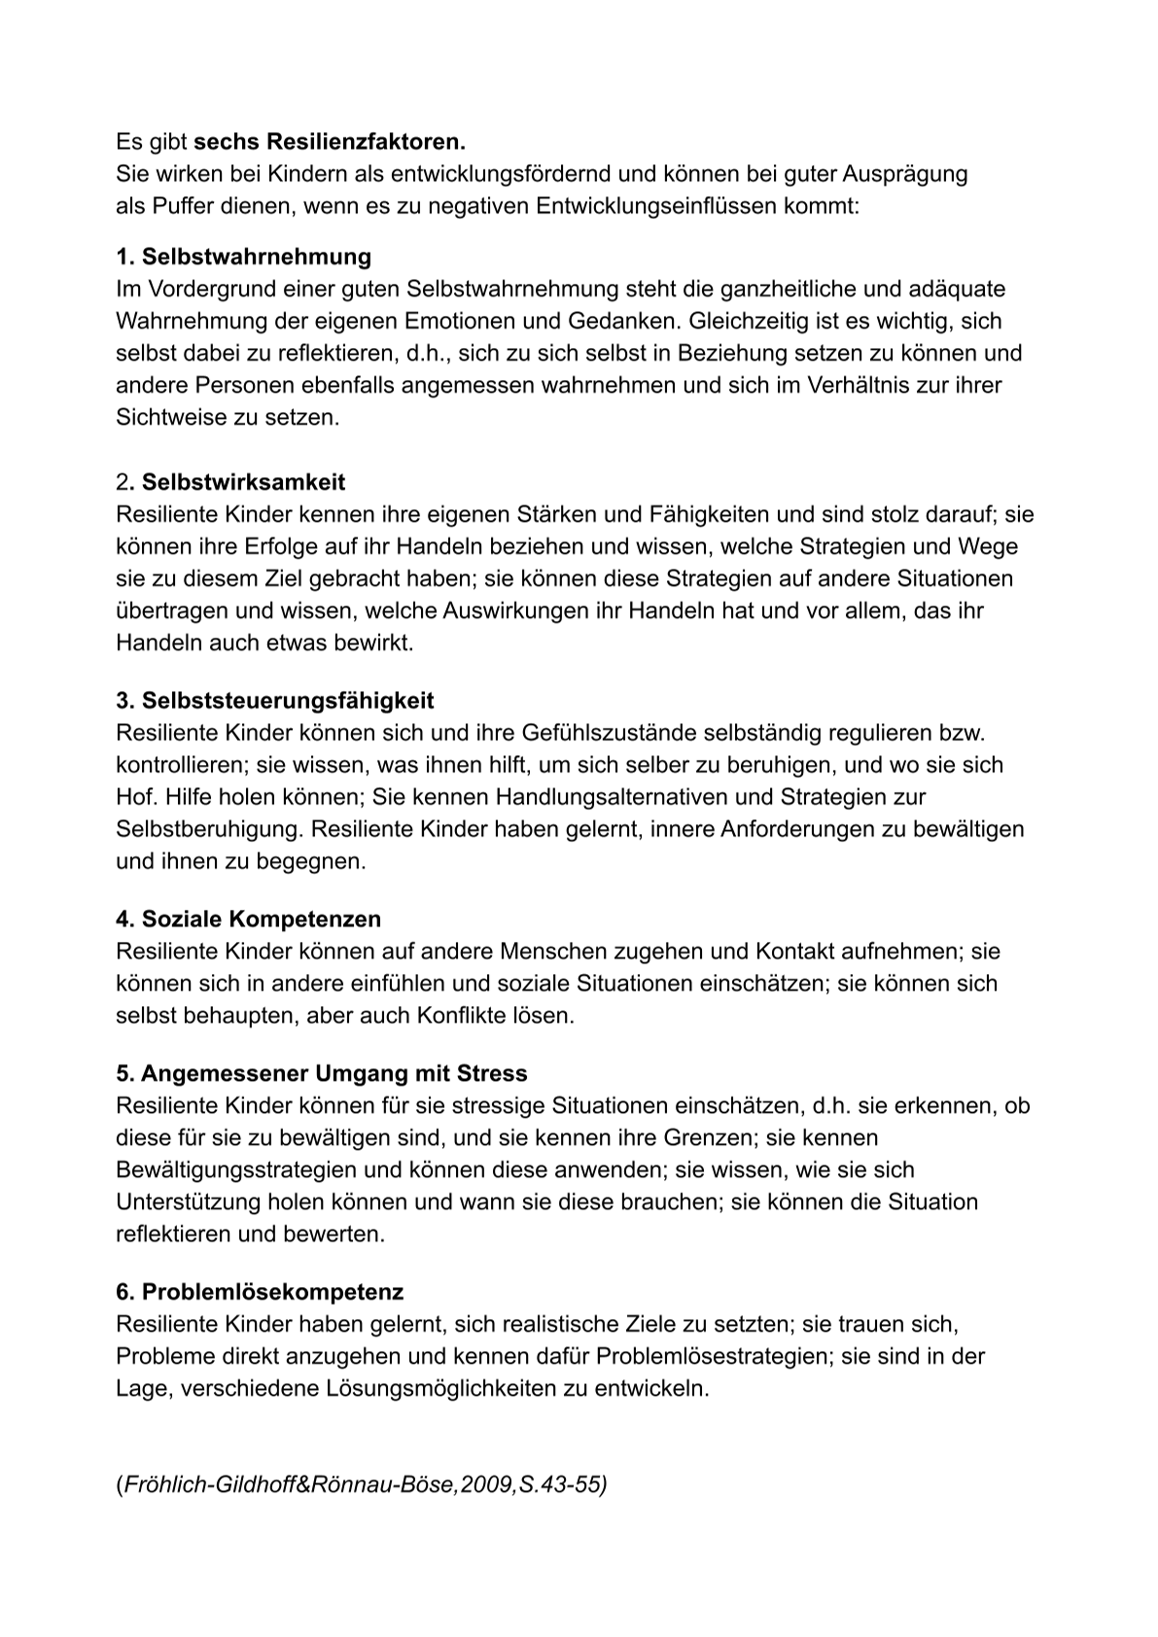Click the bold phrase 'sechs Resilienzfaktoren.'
click(330, 142)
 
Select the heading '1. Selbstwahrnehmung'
click(243, 257)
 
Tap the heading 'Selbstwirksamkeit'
click(243, 482)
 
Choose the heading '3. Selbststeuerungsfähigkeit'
click(274, 701)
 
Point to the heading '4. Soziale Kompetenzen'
click(248, 919)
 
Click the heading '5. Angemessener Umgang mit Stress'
click(321, 1073)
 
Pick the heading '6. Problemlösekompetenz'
click(259, 1292)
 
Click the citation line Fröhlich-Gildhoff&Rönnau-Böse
click(361, 1485)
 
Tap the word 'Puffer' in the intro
click(180, 206)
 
